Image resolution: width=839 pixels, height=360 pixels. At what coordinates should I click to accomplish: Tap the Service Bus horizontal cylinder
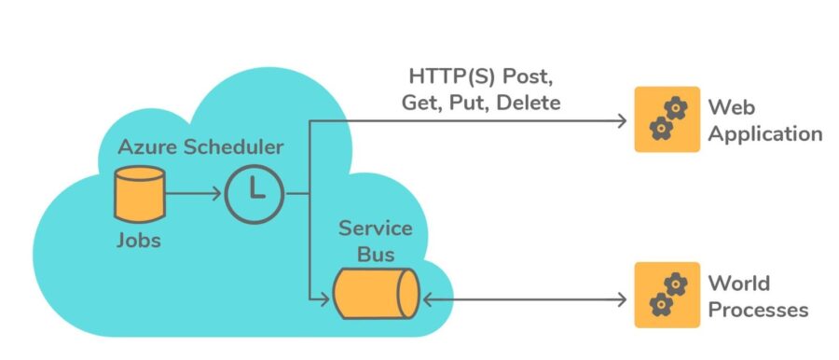pos(376,298)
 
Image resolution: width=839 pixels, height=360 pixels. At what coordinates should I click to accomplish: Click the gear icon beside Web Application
pos(667,119)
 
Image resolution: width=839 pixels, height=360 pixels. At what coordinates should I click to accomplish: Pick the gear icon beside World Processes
pos(667,295)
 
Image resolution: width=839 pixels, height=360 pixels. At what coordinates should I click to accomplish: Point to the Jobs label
pos(138,241)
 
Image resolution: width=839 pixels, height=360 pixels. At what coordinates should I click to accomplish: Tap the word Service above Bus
pos(374,228)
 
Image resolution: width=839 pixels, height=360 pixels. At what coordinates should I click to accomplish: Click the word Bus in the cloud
pos(374,254)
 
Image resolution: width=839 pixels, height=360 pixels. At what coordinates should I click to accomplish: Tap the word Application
pos(764,133)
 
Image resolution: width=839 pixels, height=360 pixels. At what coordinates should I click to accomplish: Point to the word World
pos(739,283)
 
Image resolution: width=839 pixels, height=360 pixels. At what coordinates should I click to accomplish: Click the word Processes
pos(758,309)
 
